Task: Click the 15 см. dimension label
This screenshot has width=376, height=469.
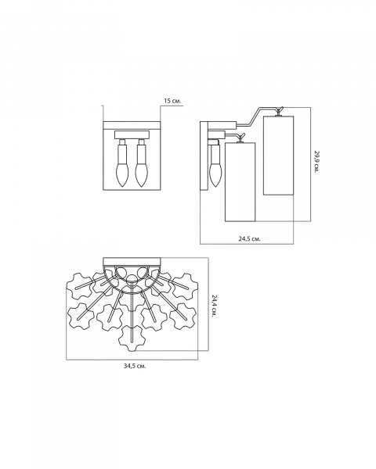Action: pyautogui.click(x=172, y=101)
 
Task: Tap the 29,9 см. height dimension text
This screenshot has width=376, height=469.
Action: pyautogui.click(x=317, y=161)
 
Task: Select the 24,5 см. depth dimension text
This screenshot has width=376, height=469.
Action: pyautogui.click(x=249, y=238)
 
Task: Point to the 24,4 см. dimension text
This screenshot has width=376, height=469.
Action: pyautogui.click(x=215, y=306)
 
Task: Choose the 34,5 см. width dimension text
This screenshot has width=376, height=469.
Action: pyautogui.click(x=135, y=366)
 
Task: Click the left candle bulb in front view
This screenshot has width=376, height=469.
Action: pyautogui.click(x=122, y=174)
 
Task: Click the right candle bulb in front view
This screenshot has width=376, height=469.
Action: pyautogui.click(x=141, y=174)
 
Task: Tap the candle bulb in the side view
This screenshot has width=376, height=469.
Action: pyautogui.click(x=215, y=174)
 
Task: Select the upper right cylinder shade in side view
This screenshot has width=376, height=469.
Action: pyautogui.click(x=278, y=156)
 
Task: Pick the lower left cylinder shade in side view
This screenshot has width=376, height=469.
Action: pyautogui.click(x=240, y=182)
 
